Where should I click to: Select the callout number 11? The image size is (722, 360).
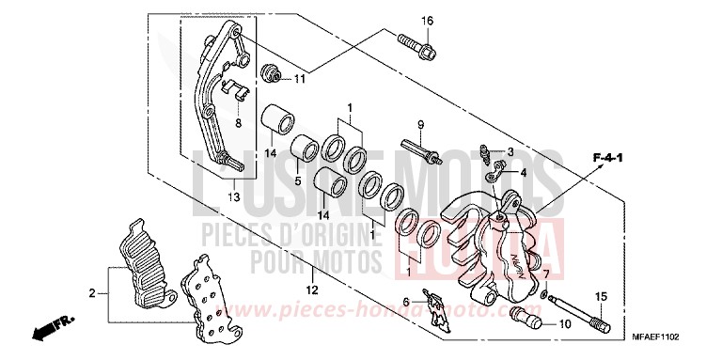tap(299, 79)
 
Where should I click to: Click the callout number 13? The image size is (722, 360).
tap(233, 197)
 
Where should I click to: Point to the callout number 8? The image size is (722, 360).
tap(238, 122)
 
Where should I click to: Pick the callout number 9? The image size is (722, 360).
tap(421, 125)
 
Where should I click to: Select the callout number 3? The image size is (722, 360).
tap(510, 151)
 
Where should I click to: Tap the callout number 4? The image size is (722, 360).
tap(510, 172)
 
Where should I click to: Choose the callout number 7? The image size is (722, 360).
tap(546, 274)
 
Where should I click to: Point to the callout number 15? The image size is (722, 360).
tap(599, 297)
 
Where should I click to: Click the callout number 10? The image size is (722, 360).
tap(564, 324)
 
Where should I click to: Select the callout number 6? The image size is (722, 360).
tap(407, 301)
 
